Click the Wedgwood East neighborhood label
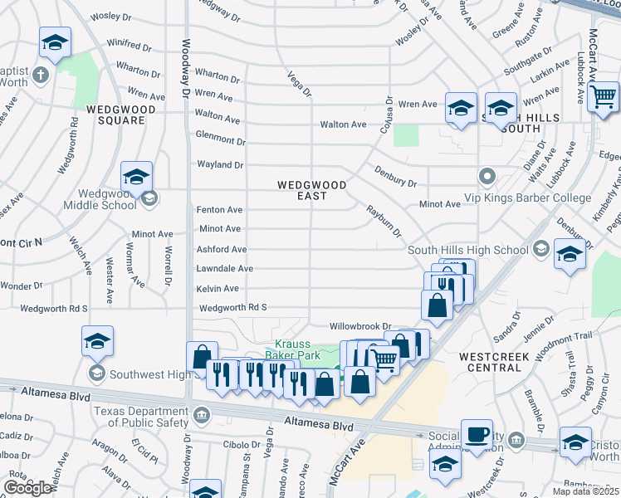tap(301, 190)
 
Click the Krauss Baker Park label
tap(297, 349)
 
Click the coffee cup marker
tap(477, 434)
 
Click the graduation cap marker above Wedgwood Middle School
tap(136, 175)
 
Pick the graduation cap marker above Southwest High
tap(97, 340)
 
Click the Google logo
tap(27, 488)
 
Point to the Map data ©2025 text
tap(585, 491)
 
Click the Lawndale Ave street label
tap(224, 269)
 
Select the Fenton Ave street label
tap(219, 210)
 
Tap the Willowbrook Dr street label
tap(359, 326)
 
